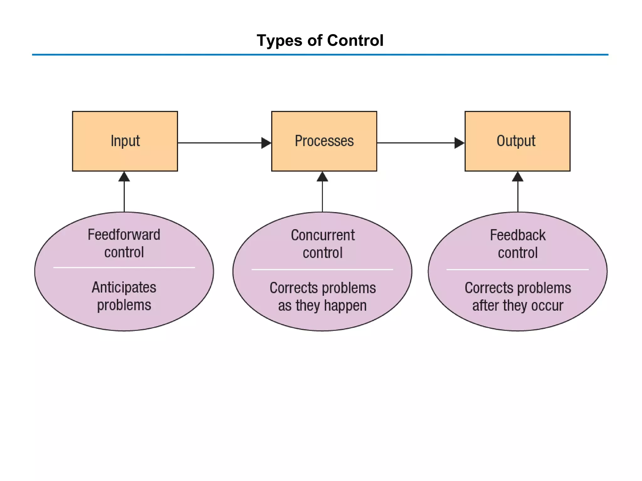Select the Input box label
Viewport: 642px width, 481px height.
125,141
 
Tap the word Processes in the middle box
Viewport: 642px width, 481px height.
324,141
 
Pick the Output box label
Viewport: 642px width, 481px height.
516,141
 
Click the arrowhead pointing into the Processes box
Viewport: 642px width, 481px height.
266,143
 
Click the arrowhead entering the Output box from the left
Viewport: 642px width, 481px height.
459,143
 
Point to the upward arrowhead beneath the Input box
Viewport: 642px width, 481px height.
124,177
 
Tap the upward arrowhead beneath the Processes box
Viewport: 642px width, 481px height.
322,177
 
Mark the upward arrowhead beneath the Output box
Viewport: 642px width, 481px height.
518,177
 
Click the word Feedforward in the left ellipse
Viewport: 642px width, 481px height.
124,235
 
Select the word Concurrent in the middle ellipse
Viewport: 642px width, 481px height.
323,235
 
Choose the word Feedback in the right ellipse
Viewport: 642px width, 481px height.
518,235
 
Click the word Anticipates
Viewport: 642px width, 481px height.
124,287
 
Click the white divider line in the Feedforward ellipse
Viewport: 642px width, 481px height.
124,267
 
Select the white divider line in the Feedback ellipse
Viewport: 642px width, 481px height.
518,269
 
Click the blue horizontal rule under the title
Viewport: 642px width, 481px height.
320,55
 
